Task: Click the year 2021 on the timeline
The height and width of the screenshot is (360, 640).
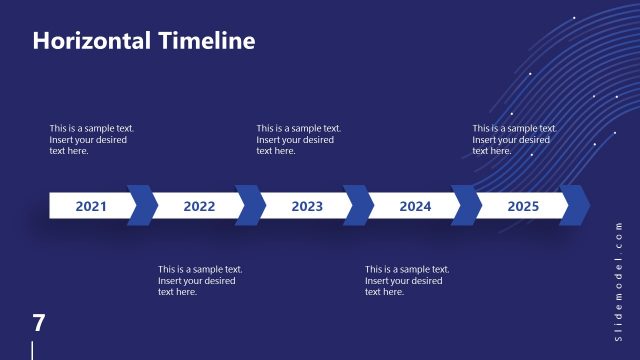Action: point(91,207)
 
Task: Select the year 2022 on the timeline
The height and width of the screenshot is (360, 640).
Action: point(199,207)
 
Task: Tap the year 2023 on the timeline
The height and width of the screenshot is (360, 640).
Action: point(307,207)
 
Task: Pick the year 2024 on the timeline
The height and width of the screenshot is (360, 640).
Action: point(415,207)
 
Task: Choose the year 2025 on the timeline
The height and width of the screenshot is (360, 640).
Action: point(523,207)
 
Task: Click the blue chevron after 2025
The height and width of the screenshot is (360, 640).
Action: point(575,205)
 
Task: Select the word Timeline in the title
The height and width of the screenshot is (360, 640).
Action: point(207,41)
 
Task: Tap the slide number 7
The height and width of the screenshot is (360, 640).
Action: point(39,323)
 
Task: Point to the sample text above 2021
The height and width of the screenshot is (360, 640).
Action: point(92,139)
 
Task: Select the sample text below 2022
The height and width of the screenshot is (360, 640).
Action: point(200,280)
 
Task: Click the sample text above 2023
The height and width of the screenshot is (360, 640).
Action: point(298,139)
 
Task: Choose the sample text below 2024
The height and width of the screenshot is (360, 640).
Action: point(407,280)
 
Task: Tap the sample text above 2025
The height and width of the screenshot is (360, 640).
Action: point(514,139)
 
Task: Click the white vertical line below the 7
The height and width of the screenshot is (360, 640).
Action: point(33,350)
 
